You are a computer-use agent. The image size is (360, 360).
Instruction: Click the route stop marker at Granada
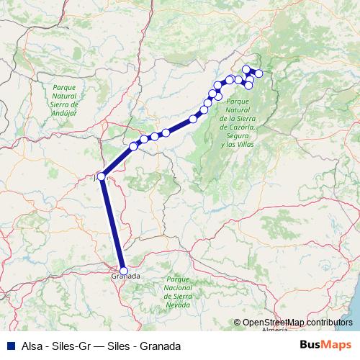pyautogui.click(x=124, y=271)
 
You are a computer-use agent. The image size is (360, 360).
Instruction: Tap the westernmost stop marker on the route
pyautogui.click(x=102, y=176)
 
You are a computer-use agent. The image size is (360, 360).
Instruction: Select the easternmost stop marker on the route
pyautogui.click(x=259, y=73)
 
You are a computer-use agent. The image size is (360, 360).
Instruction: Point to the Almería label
pyautogui.click(x=274, y=330)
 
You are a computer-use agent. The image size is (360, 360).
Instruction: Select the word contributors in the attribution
pyautogui.click(x=328, y=323)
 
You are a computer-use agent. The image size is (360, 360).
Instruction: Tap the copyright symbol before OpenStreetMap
pyautogui.click(x=237, y=323)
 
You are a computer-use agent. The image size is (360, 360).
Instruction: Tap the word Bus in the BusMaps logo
pyautogui.click(x=310, y=345)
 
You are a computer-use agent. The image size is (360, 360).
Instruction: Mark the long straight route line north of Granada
pyautogui.click(x=113, y=224)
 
